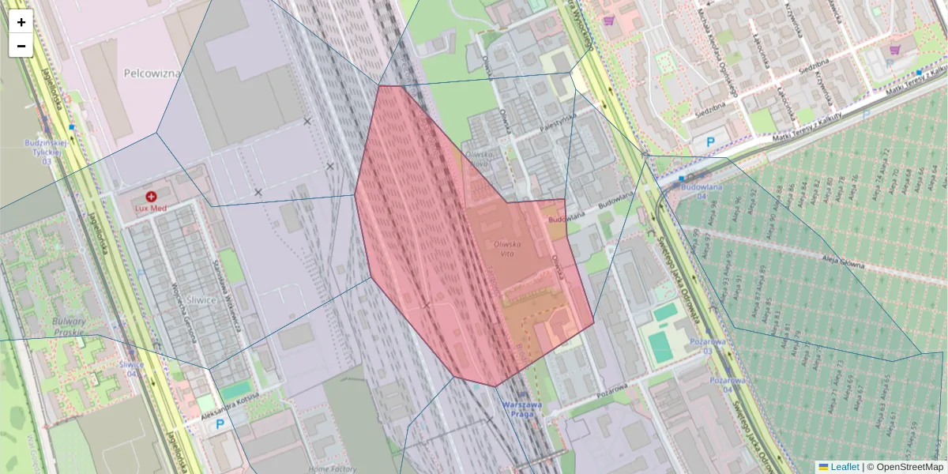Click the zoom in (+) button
(x=21, y=22)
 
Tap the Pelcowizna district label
(x=152, y=73)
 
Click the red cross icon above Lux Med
(x=151, y=195)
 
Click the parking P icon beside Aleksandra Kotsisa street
(x=220, y=424)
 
